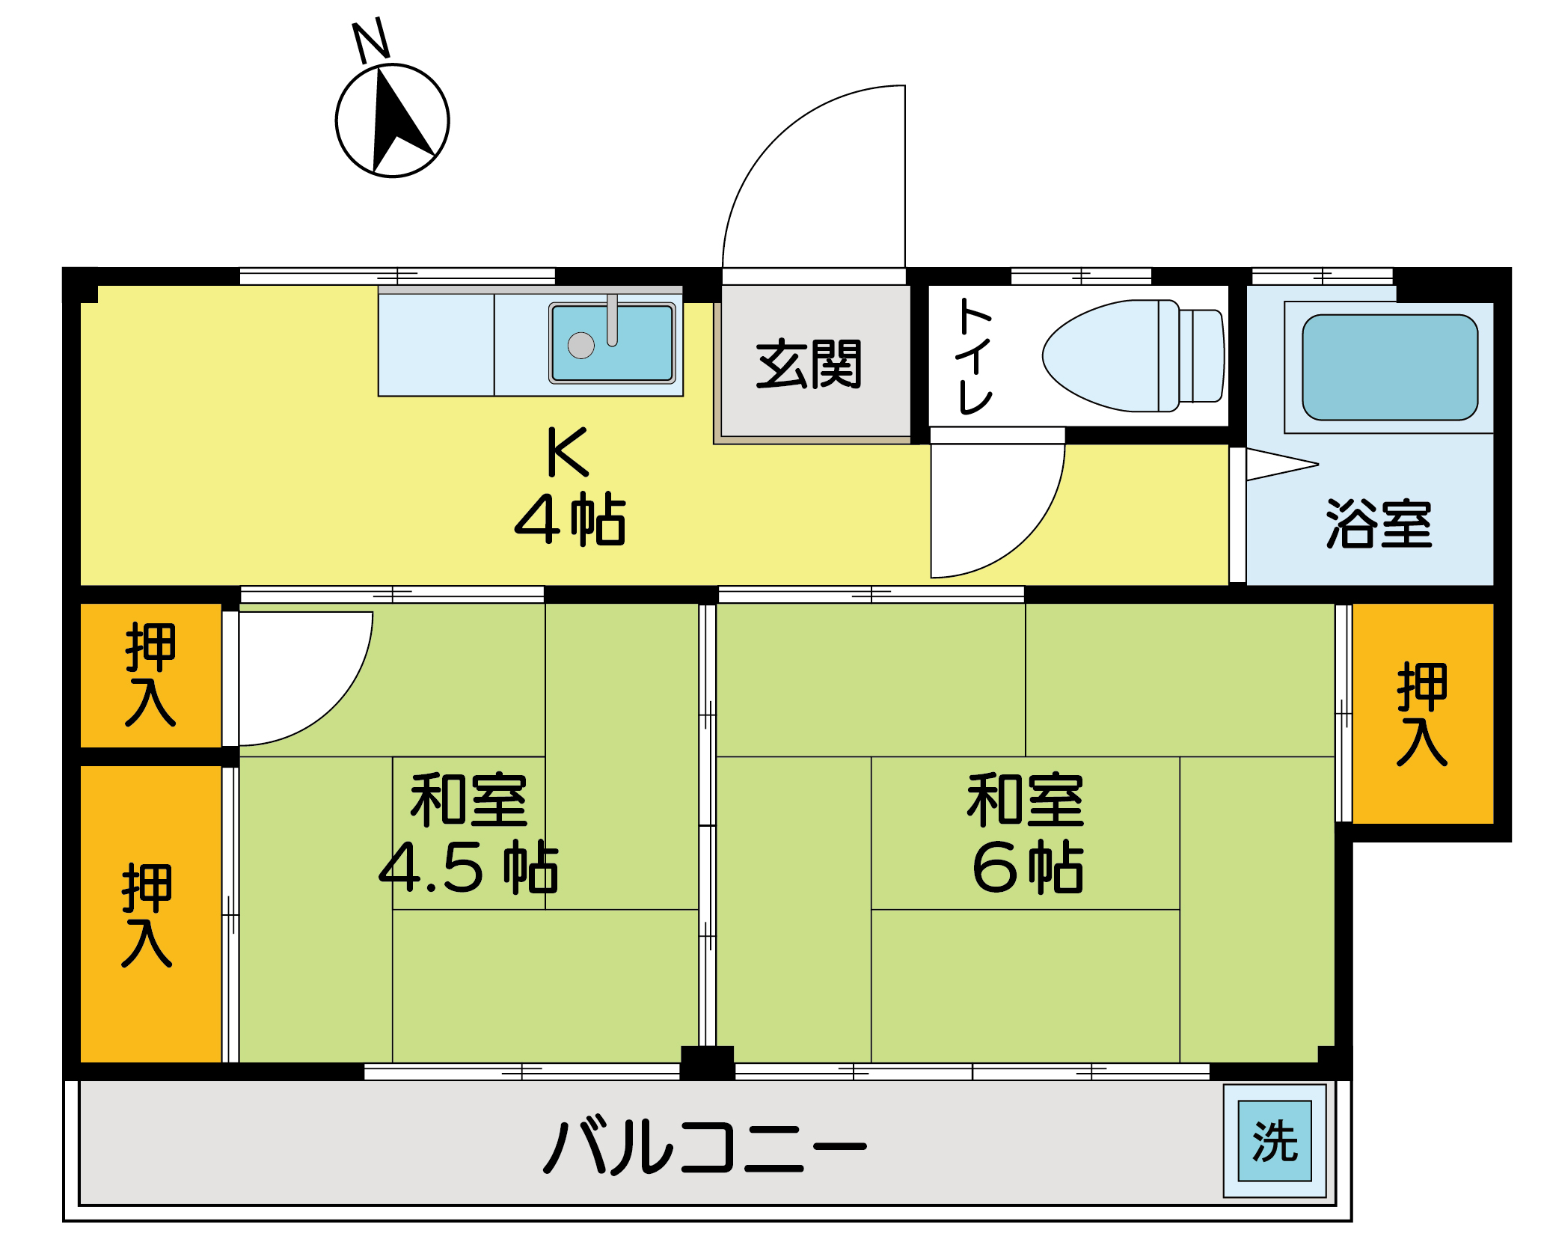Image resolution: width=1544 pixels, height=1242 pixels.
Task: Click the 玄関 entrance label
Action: (809, 364)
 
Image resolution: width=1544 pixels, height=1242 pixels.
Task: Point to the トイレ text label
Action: (974, 356)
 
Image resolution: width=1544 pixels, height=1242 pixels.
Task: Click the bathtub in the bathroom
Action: (1390, 367)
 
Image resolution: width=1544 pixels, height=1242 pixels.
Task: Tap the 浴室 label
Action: (1379, 524)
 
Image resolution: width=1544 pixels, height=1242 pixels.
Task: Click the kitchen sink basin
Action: (612, 343)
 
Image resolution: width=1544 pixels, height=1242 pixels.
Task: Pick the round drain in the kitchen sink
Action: (581, 346)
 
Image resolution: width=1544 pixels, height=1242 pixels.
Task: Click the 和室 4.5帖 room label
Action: (469, 834)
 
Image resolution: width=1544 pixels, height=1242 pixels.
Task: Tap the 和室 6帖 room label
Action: (1026, 834)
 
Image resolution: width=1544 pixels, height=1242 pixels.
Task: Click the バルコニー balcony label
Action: (705, 1146)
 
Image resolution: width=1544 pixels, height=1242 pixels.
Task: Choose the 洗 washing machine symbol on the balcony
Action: (1275, 1141)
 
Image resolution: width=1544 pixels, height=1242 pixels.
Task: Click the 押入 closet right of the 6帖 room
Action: (1422, 714)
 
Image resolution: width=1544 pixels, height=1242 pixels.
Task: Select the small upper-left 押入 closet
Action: (150, 674)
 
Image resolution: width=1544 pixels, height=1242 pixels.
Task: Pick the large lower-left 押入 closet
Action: (147, 915)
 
